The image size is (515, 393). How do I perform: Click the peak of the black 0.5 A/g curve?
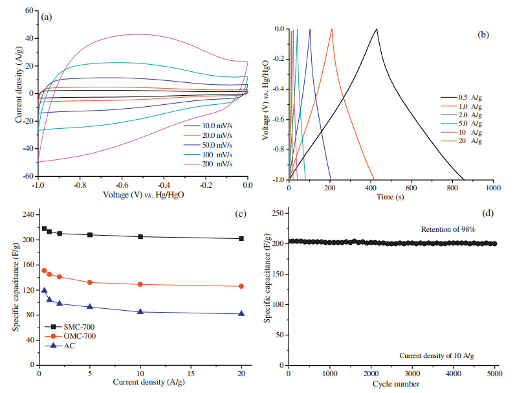377,29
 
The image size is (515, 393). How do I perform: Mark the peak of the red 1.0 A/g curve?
332,29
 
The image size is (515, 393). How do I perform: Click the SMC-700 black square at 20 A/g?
241,238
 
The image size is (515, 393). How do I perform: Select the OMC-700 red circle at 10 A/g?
140,284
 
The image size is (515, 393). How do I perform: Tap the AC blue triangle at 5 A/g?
90,307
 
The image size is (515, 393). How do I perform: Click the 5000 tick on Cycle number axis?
494,374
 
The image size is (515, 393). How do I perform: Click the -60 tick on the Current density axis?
28,176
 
